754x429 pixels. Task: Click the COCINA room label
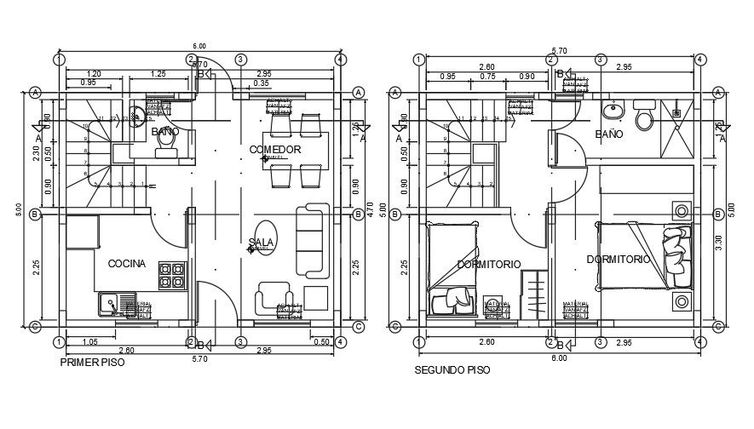[x=126, y=264]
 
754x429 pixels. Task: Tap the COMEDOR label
[x=275, y=150]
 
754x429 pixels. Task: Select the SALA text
[x=262, y=243]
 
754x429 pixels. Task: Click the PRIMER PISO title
[x=92, y=362]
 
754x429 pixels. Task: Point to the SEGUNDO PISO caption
[x=452, y=370]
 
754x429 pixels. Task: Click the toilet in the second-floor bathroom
[x=645, y=116]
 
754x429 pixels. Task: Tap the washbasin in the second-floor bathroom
[x=613, y=111]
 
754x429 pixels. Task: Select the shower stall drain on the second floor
[x=678, y=111]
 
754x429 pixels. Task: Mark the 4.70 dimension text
[x=369, y=207]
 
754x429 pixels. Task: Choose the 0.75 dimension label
[x=487, y=77]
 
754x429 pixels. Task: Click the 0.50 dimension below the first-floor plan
[x=321, y=341]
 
